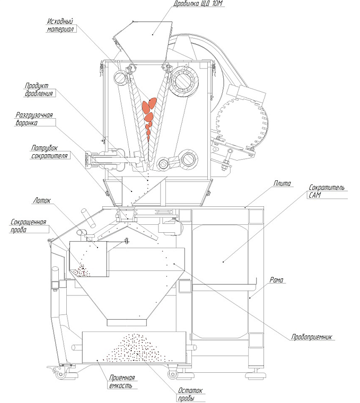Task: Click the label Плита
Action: tap(281, 183)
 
